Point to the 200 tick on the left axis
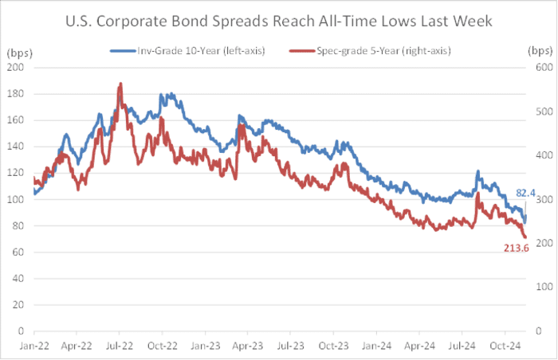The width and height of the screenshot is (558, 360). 15,67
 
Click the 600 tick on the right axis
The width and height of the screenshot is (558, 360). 544,67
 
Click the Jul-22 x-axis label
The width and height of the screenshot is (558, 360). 118,347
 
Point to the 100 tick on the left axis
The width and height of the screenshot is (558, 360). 15,199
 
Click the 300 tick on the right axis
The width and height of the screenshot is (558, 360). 544,199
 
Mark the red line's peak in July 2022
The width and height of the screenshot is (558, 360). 120,83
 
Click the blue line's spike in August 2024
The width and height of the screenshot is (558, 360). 477,171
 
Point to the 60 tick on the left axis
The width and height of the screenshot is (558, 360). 18,252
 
